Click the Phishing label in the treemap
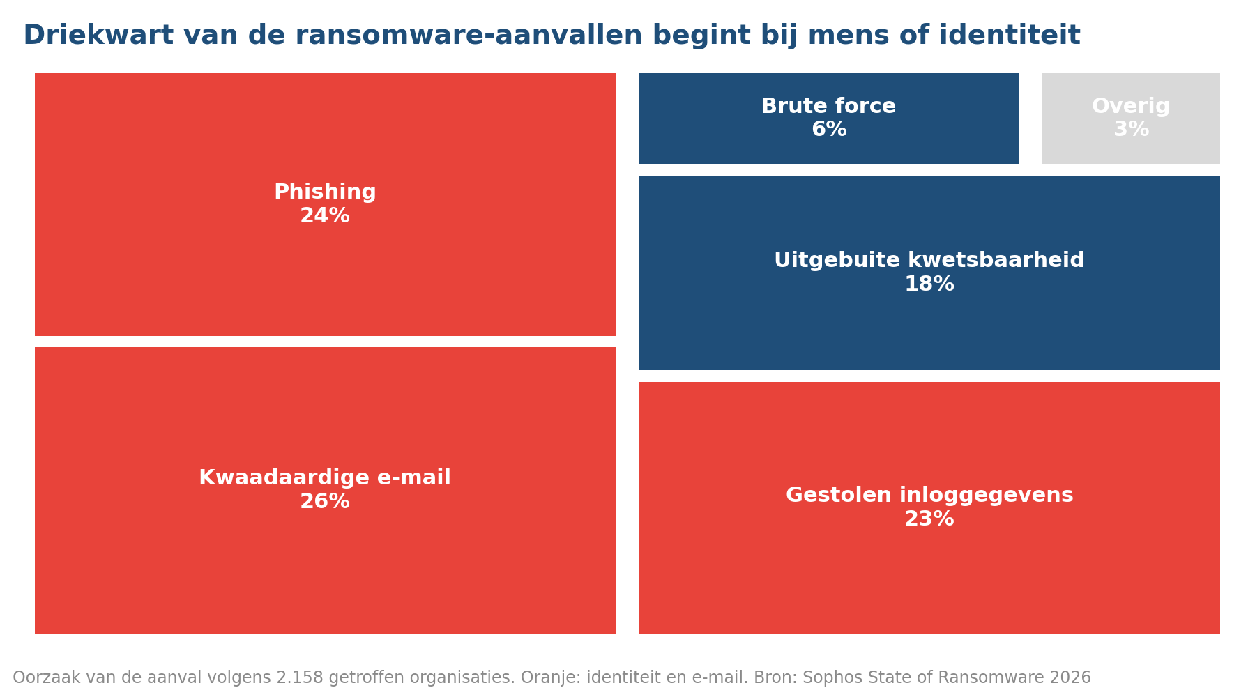point(325,192)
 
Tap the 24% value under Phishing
point(325,216)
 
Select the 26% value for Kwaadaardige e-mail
point(325,502)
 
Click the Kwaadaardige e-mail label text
point(325,478)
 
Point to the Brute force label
point(829,107)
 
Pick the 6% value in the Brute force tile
point(829,130)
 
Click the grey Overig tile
point(1131,118)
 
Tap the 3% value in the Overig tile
point(1131,130)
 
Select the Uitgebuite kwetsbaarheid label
point(929,261)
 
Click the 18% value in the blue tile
point(929,284)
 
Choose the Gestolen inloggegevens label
point(929,496)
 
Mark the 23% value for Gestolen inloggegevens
point(929,519)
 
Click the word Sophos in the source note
point(823,677)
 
